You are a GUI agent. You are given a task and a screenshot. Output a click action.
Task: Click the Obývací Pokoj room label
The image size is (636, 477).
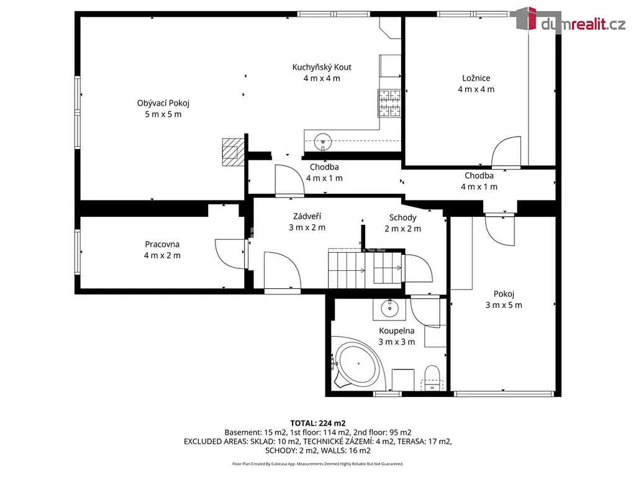click(163, 103)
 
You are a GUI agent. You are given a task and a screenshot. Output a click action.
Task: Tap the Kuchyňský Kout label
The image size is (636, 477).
click(322, 67)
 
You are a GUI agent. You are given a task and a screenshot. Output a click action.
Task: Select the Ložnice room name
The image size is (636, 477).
click(476, 78)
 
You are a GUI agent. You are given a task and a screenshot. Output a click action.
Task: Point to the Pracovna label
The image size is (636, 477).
click(162, 244)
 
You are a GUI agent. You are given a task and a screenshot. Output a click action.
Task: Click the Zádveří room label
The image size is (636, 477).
click(307, 216)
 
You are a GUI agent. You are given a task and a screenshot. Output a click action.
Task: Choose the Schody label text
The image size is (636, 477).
click(402, 218)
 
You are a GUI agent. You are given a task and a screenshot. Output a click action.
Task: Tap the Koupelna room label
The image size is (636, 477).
click(397, 331)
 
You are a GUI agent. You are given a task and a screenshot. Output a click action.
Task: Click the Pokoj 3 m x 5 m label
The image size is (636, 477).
click(504, 299)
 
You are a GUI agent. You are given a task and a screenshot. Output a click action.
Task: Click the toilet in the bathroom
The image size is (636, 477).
click(432, 377)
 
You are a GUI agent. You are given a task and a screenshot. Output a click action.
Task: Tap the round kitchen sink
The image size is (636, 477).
click(323, 142)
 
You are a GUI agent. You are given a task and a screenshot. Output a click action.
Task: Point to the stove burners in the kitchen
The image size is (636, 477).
click(389, 103)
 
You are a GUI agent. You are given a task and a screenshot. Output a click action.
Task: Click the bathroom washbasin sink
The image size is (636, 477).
click(390, 309)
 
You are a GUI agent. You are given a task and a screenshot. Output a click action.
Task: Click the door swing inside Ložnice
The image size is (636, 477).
click(506, 152)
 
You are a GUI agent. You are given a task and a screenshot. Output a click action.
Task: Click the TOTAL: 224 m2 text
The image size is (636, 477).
click(318, 424)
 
